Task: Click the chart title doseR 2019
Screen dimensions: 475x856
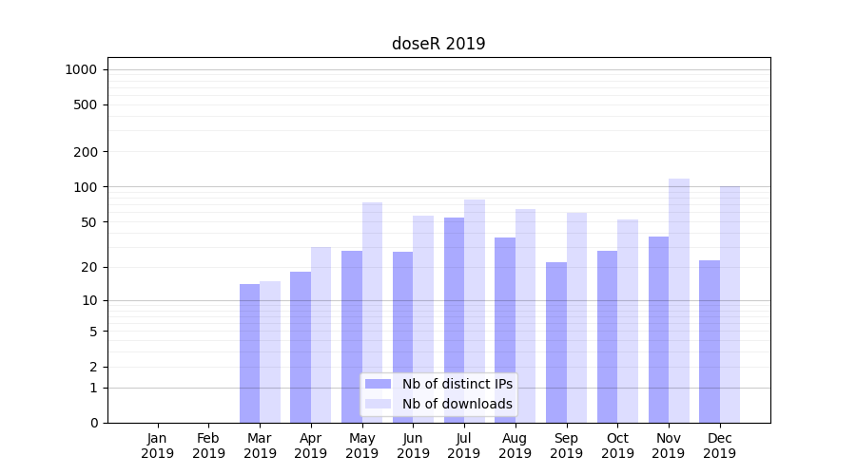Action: click(438, 44)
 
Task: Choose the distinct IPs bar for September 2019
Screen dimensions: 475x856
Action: click(556, 342)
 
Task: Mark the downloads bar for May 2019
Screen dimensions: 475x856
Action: click(372, 313)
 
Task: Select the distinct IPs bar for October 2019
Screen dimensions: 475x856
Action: click(607, 336)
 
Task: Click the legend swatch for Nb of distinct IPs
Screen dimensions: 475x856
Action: click(379, 384)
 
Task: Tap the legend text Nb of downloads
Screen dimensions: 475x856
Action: click(457, 404)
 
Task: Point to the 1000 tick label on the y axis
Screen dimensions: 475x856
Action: click(81, 69)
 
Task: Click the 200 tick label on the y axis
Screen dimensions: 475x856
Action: click(87, 152)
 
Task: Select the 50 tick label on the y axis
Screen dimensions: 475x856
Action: click(89, 222)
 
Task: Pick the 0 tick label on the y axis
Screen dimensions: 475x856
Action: click(93, 423)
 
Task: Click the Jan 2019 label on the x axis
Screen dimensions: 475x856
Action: click(158, 446)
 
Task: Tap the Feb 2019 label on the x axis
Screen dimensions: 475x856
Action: click(208, 446)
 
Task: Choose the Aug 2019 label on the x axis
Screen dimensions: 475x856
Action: click(516, 446)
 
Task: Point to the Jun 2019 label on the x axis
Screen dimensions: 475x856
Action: click(413, 446)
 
